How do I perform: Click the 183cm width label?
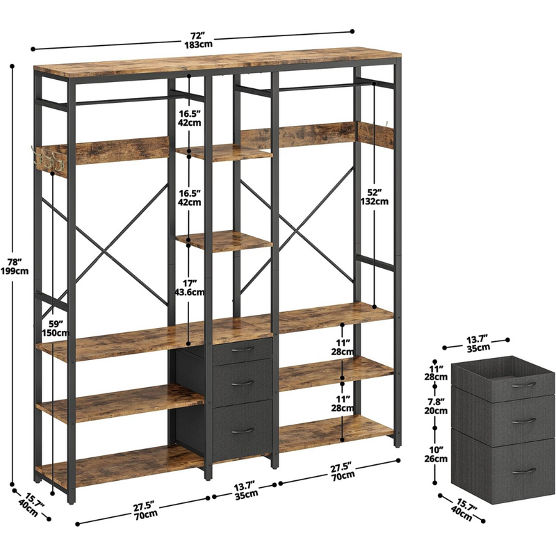198,44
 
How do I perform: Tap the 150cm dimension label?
56,333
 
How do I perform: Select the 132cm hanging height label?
375,202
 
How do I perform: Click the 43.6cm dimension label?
190,292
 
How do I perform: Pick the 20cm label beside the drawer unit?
436,411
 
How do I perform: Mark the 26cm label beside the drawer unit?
436,459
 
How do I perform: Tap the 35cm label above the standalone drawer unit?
478,348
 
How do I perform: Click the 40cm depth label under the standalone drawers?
461,514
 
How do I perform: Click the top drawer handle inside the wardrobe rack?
243,350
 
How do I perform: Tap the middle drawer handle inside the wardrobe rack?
243,384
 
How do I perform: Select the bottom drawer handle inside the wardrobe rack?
243,431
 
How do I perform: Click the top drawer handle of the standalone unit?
524,385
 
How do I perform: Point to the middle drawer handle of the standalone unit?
524,421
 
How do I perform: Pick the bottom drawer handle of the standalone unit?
524,471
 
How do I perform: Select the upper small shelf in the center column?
224,152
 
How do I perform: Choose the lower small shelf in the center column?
224,241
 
